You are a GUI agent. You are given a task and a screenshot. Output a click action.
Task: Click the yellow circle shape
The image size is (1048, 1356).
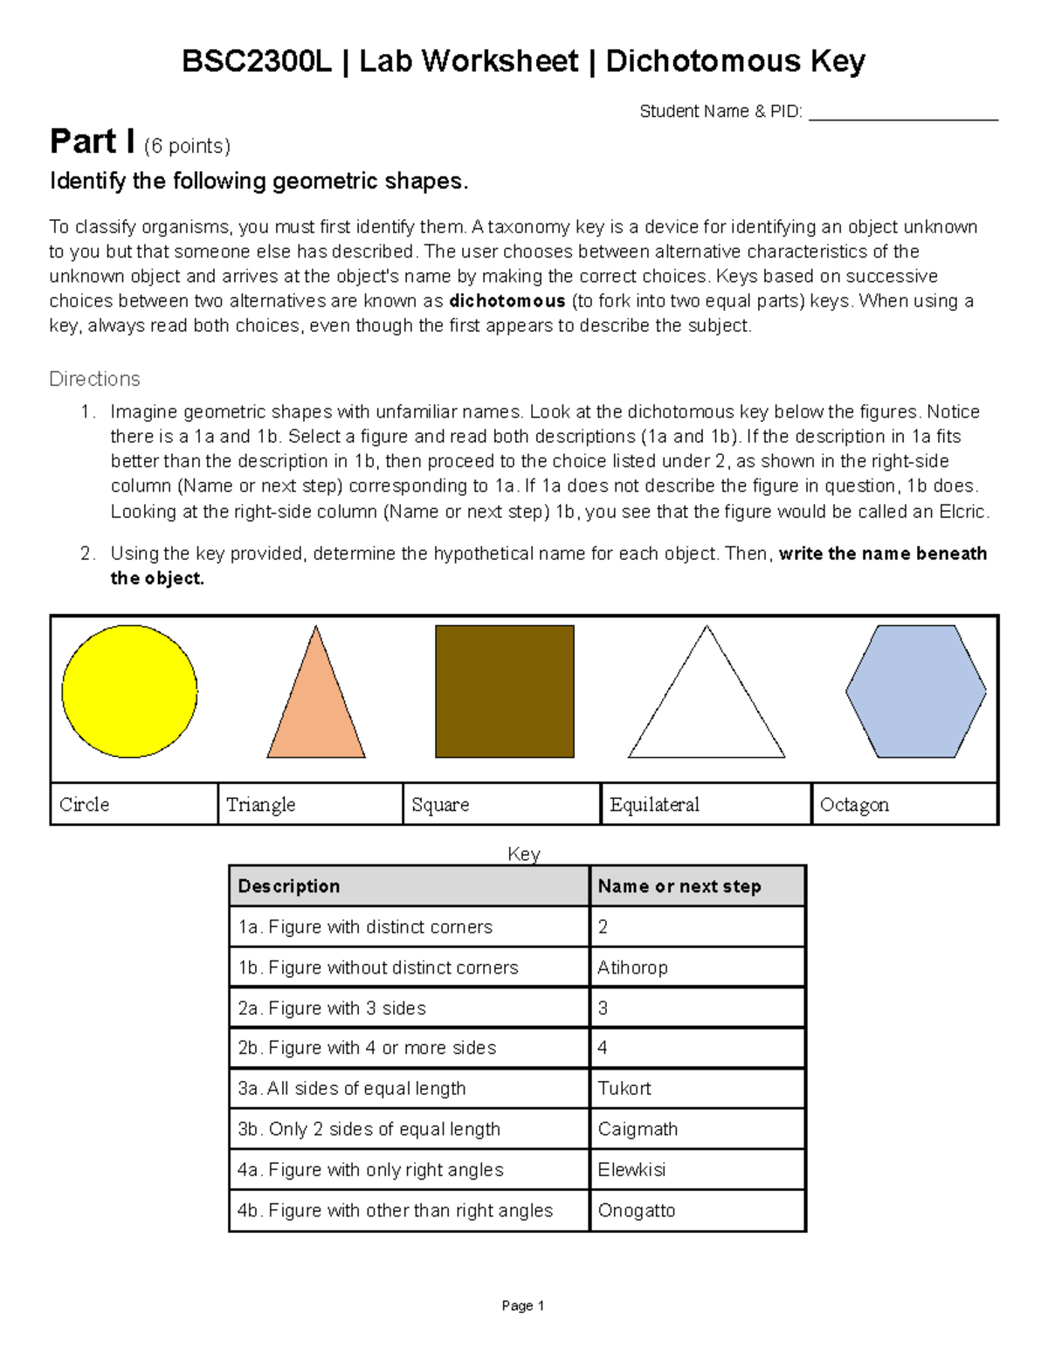pos(129,692)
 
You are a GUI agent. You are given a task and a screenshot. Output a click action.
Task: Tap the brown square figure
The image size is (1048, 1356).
pos(505,692)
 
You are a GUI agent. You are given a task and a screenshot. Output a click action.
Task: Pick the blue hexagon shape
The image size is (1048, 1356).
pos(915,692)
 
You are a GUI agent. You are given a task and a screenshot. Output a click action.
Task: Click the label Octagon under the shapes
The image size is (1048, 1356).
pos(854,804)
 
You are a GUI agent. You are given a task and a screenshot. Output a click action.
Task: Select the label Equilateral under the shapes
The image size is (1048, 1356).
pos(654,804)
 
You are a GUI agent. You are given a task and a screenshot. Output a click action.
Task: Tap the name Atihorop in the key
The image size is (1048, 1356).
pos(632,967)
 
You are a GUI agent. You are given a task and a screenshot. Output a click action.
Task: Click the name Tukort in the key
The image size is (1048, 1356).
pos(624,1088)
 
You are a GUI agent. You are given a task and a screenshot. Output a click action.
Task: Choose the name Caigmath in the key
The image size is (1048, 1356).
pos(638,1129)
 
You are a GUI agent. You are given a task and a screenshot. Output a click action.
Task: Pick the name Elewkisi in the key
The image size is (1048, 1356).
pos(631,1169)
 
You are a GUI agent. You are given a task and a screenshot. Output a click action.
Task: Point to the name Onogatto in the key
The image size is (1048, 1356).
pos(636,1210)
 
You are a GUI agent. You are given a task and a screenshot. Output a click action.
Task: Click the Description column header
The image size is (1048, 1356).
pos(289,886)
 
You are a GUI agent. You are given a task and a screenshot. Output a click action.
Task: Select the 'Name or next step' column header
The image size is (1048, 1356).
pos(679,886)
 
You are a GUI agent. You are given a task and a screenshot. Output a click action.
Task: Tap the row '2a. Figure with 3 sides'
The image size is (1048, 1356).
pos(332,1008)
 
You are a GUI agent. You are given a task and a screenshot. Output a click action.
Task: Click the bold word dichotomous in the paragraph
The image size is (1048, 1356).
pos(507,301)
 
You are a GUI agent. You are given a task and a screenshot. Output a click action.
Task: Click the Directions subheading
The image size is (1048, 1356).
pos(94,379)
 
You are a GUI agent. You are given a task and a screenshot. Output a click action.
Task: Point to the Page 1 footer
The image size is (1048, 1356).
pos(522,1306)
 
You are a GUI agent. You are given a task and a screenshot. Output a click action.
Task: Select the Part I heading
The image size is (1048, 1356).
pos(92,141)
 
